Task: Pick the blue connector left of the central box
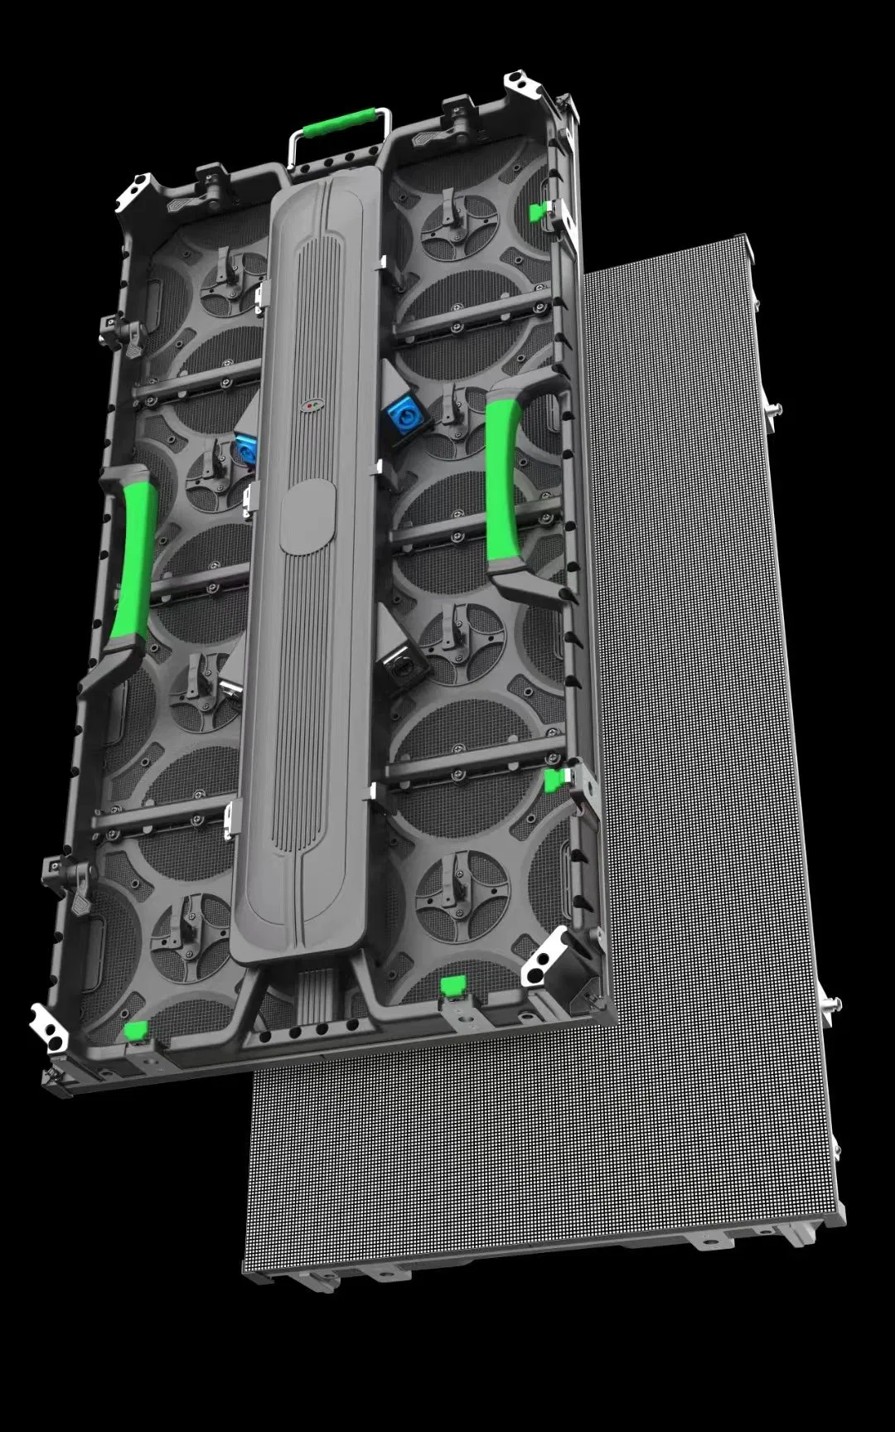pyautogui.click(x=245, y=448)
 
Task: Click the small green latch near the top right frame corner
pyautogui.click(x=539, y=211)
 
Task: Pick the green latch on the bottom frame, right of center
pyautogui.click(x=453, y=984)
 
